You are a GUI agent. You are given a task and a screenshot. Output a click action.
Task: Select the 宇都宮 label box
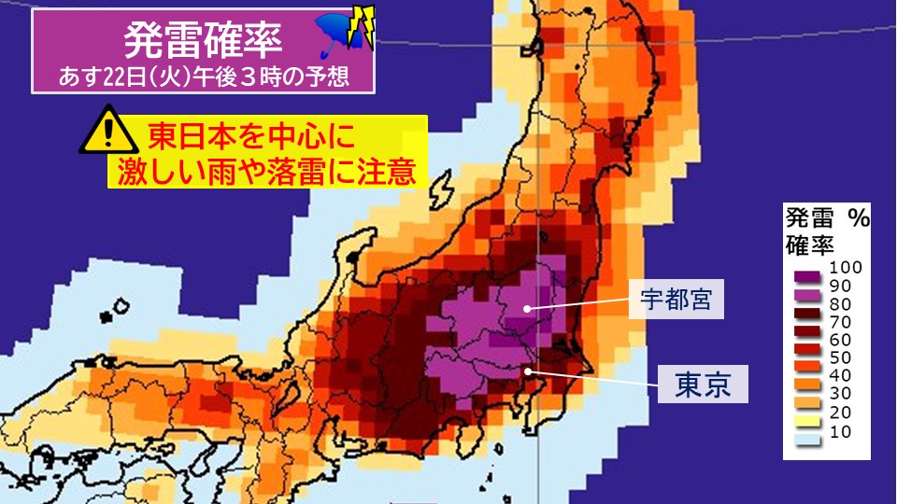click(x=676, y=300)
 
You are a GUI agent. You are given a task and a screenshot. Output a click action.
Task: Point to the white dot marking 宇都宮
click(x=528, y=307)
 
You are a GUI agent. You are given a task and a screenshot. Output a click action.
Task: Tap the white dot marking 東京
click(x=529, y=371)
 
